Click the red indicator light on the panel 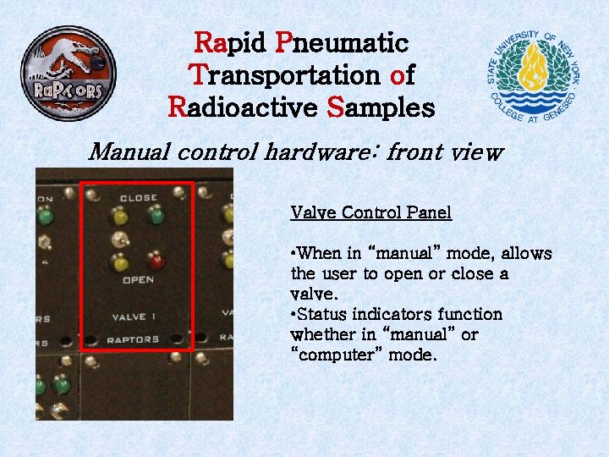click(x=155, y=259)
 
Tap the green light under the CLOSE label click(x=155, y=217)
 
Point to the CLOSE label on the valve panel click(x=138, y=198)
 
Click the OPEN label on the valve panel click(x=138, y=279)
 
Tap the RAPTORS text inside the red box click(x=133, y=339)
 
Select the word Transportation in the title click(x=286, y=75)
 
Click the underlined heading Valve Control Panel click(x=370, y=212)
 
